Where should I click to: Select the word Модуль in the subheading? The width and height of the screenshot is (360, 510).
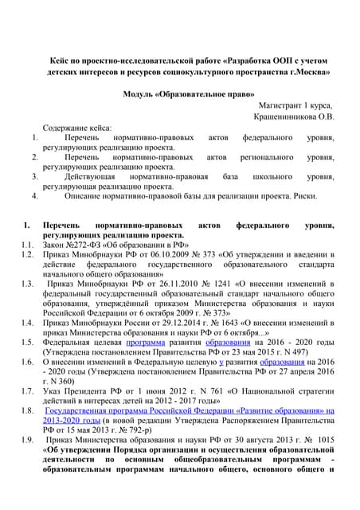(140, 94)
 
